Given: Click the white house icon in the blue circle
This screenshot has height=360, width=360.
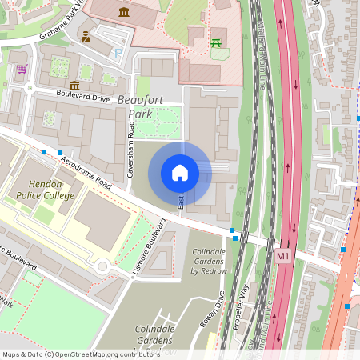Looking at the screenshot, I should (x=180, y=172).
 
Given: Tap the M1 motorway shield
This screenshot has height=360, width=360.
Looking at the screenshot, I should (x=282, y=256).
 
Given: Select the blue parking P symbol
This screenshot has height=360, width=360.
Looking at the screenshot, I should (x=119, y=53).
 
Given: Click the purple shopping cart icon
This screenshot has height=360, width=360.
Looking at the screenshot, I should (x=21, y=69).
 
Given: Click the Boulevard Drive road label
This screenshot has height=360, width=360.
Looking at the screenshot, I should (x=82, y=95).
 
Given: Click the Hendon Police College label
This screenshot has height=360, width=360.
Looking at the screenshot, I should (x=45, y=190).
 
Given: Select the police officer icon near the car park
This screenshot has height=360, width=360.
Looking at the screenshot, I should (x=86, y=37).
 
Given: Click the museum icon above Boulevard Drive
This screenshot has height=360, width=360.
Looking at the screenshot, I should (x=74, y=85).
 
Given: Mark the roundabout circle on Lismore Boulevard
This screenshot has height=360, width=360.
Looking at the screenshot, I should (x=102, y=267).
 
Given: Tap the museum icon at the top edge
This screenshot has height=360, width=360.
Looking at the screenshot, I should (x=124, y=11).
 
